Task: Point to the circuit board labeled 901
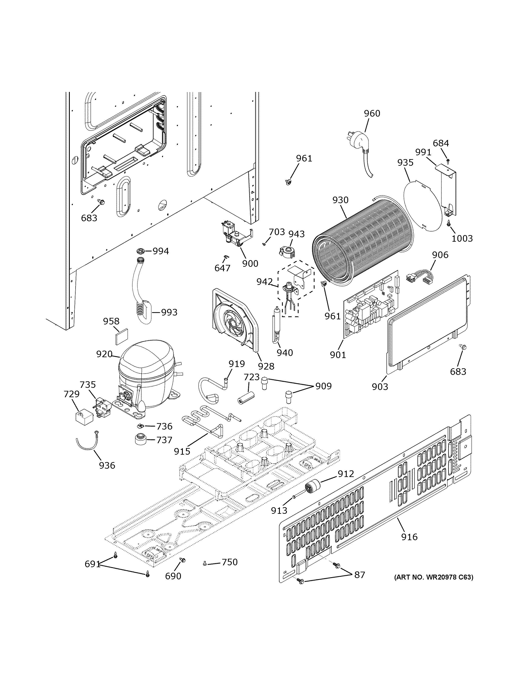(x=370, y=304)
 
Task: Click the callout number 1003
(x=462, y=238)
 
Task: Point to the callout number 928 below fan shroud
(x=266, y=366)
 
